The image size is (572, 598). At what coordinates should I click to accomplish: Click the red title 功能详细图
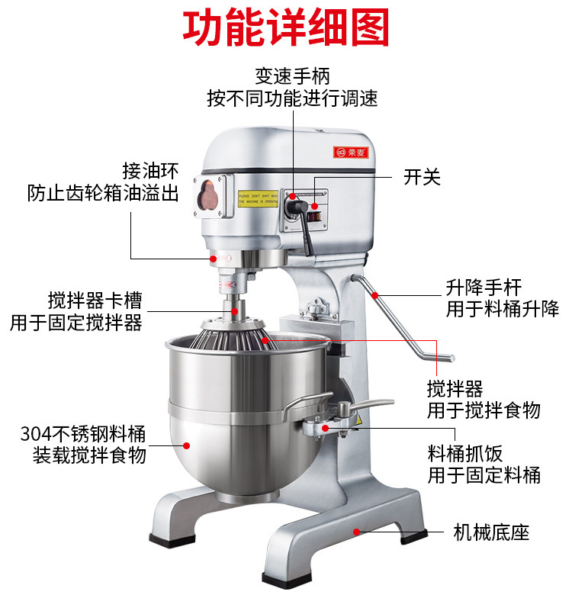pyautogui.click(x=286, y=29)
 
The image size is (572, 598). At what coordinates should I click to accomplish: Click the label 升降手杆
pyautogui.click(x=484, y=287)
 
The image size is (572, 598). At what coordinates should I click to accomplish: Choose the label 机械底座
pyautogui.click(x=490, y=532)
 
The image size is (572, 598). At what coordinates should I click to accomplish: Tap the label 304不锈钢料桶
pyautogui.click(x=83, y=435)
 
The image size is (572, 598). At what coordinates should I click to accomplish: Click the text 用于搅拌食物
pyautogui.click(x=484, y=410)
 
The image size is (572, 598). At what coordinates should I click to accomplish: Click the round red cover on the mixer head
pyautogui.click(x=208, y=196)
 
